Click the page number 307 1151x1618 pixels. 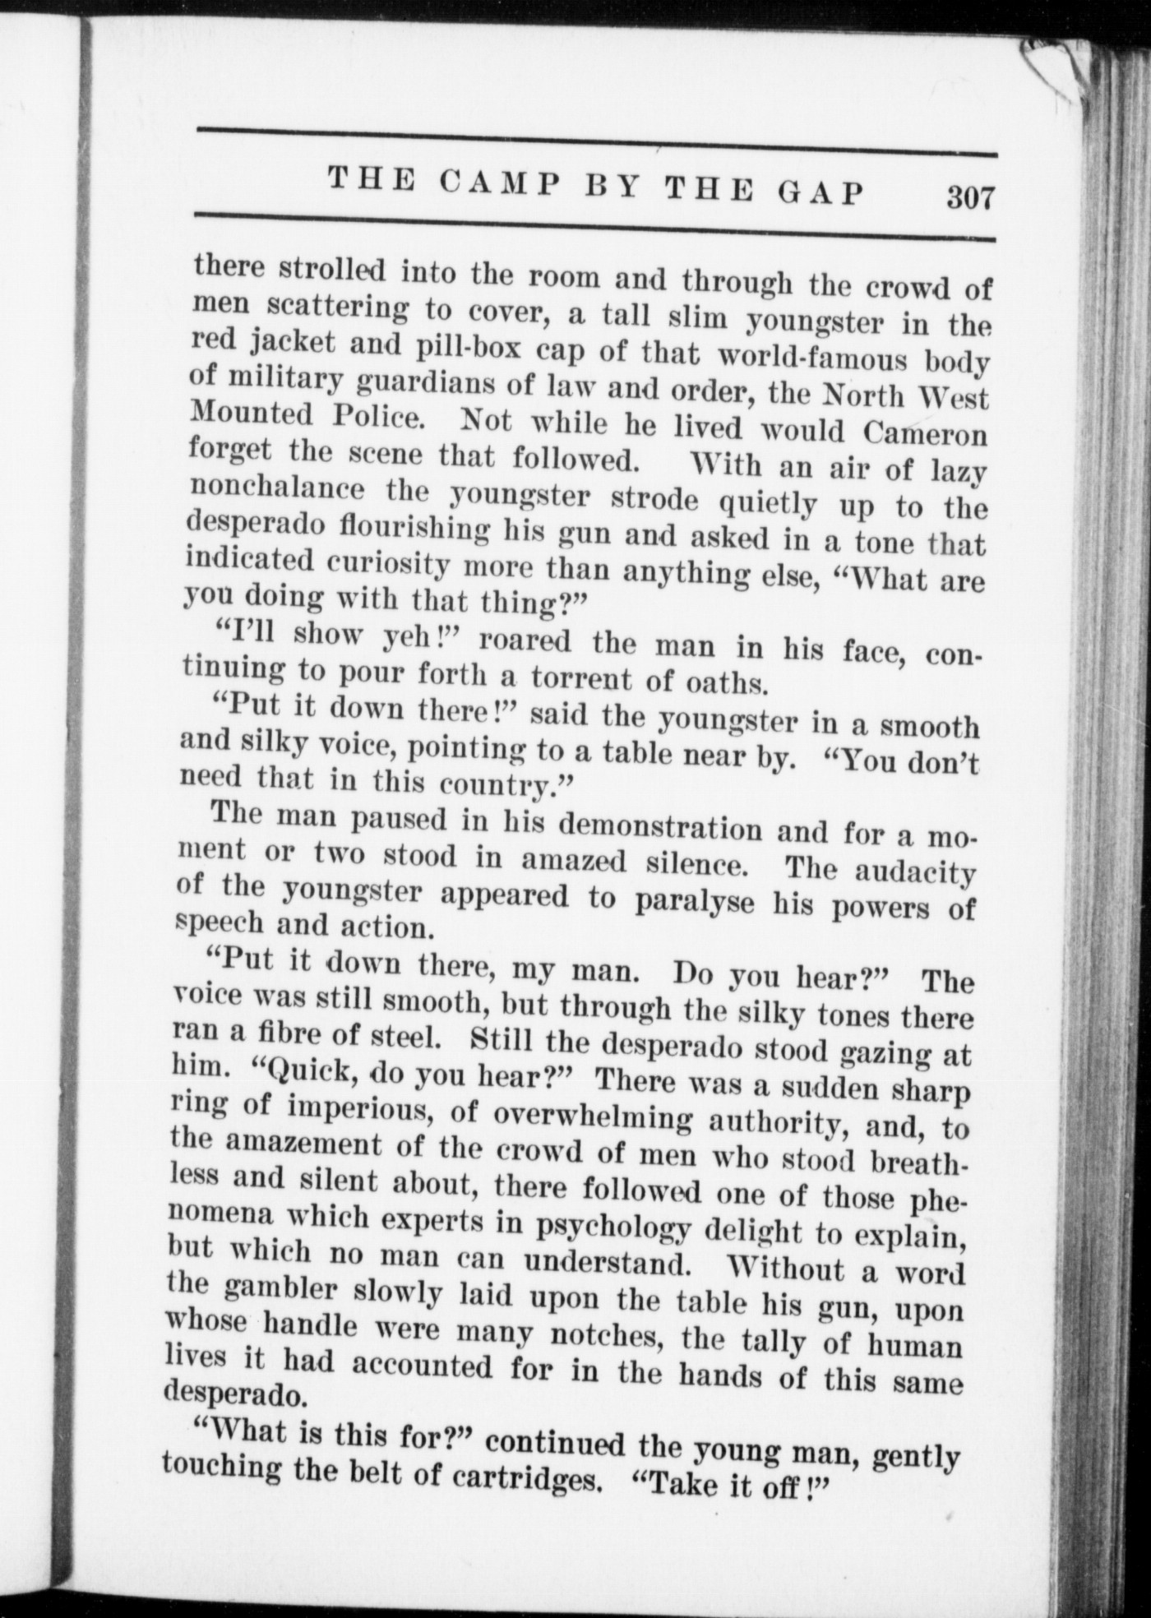pyautogui.click(x=970, y=198)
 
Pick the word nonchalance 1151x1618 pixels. pyautogui.click(x=277, y=490)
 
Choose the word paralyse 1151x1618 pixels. pyautogui.click(x=695, y=901)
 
